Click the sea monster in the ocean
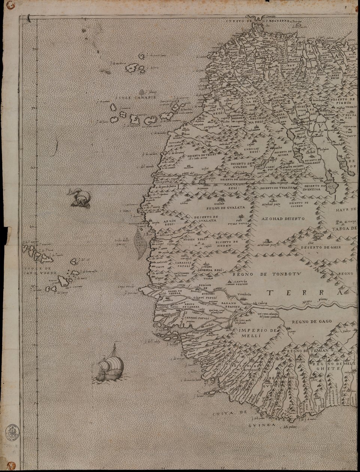click(80, 197)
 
